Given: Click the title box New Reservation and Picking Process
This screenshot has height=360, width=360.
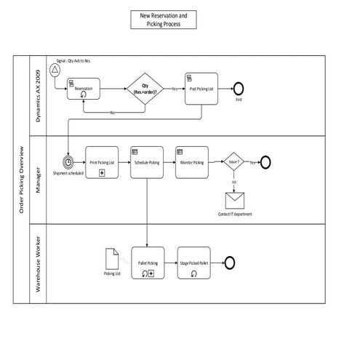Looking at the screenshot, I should click(x=164, y=20).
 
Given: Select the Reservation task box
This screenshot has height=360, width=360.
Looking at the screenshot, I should click(x=83, y=88).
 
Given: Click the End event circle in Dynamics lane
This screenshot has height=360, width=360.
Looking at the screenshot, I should click(x=238, y=88).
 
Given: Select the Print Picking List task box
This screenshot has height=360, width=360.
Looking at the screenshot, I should click(x=101, y=162).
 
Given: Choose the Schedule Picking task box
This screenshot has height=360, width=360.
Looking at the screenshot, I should click(x=146, y=162).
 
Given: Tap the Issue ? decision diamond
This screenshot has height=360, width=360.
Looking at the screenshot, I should click(x=233, y=162).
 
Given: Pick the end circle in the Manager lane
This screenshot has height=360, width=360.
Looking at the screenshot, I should click(x=265, y=161).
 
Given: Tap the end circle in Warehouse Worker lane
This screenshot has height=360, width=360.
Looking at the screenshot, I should click(x=230, y=261).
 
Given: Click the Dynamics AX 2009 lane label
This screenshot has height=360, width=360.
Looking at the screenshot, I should click(x=39, y=95).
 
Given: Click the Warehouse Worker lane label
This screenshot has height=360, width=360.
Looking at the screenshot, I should click(x=39, y=261).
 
